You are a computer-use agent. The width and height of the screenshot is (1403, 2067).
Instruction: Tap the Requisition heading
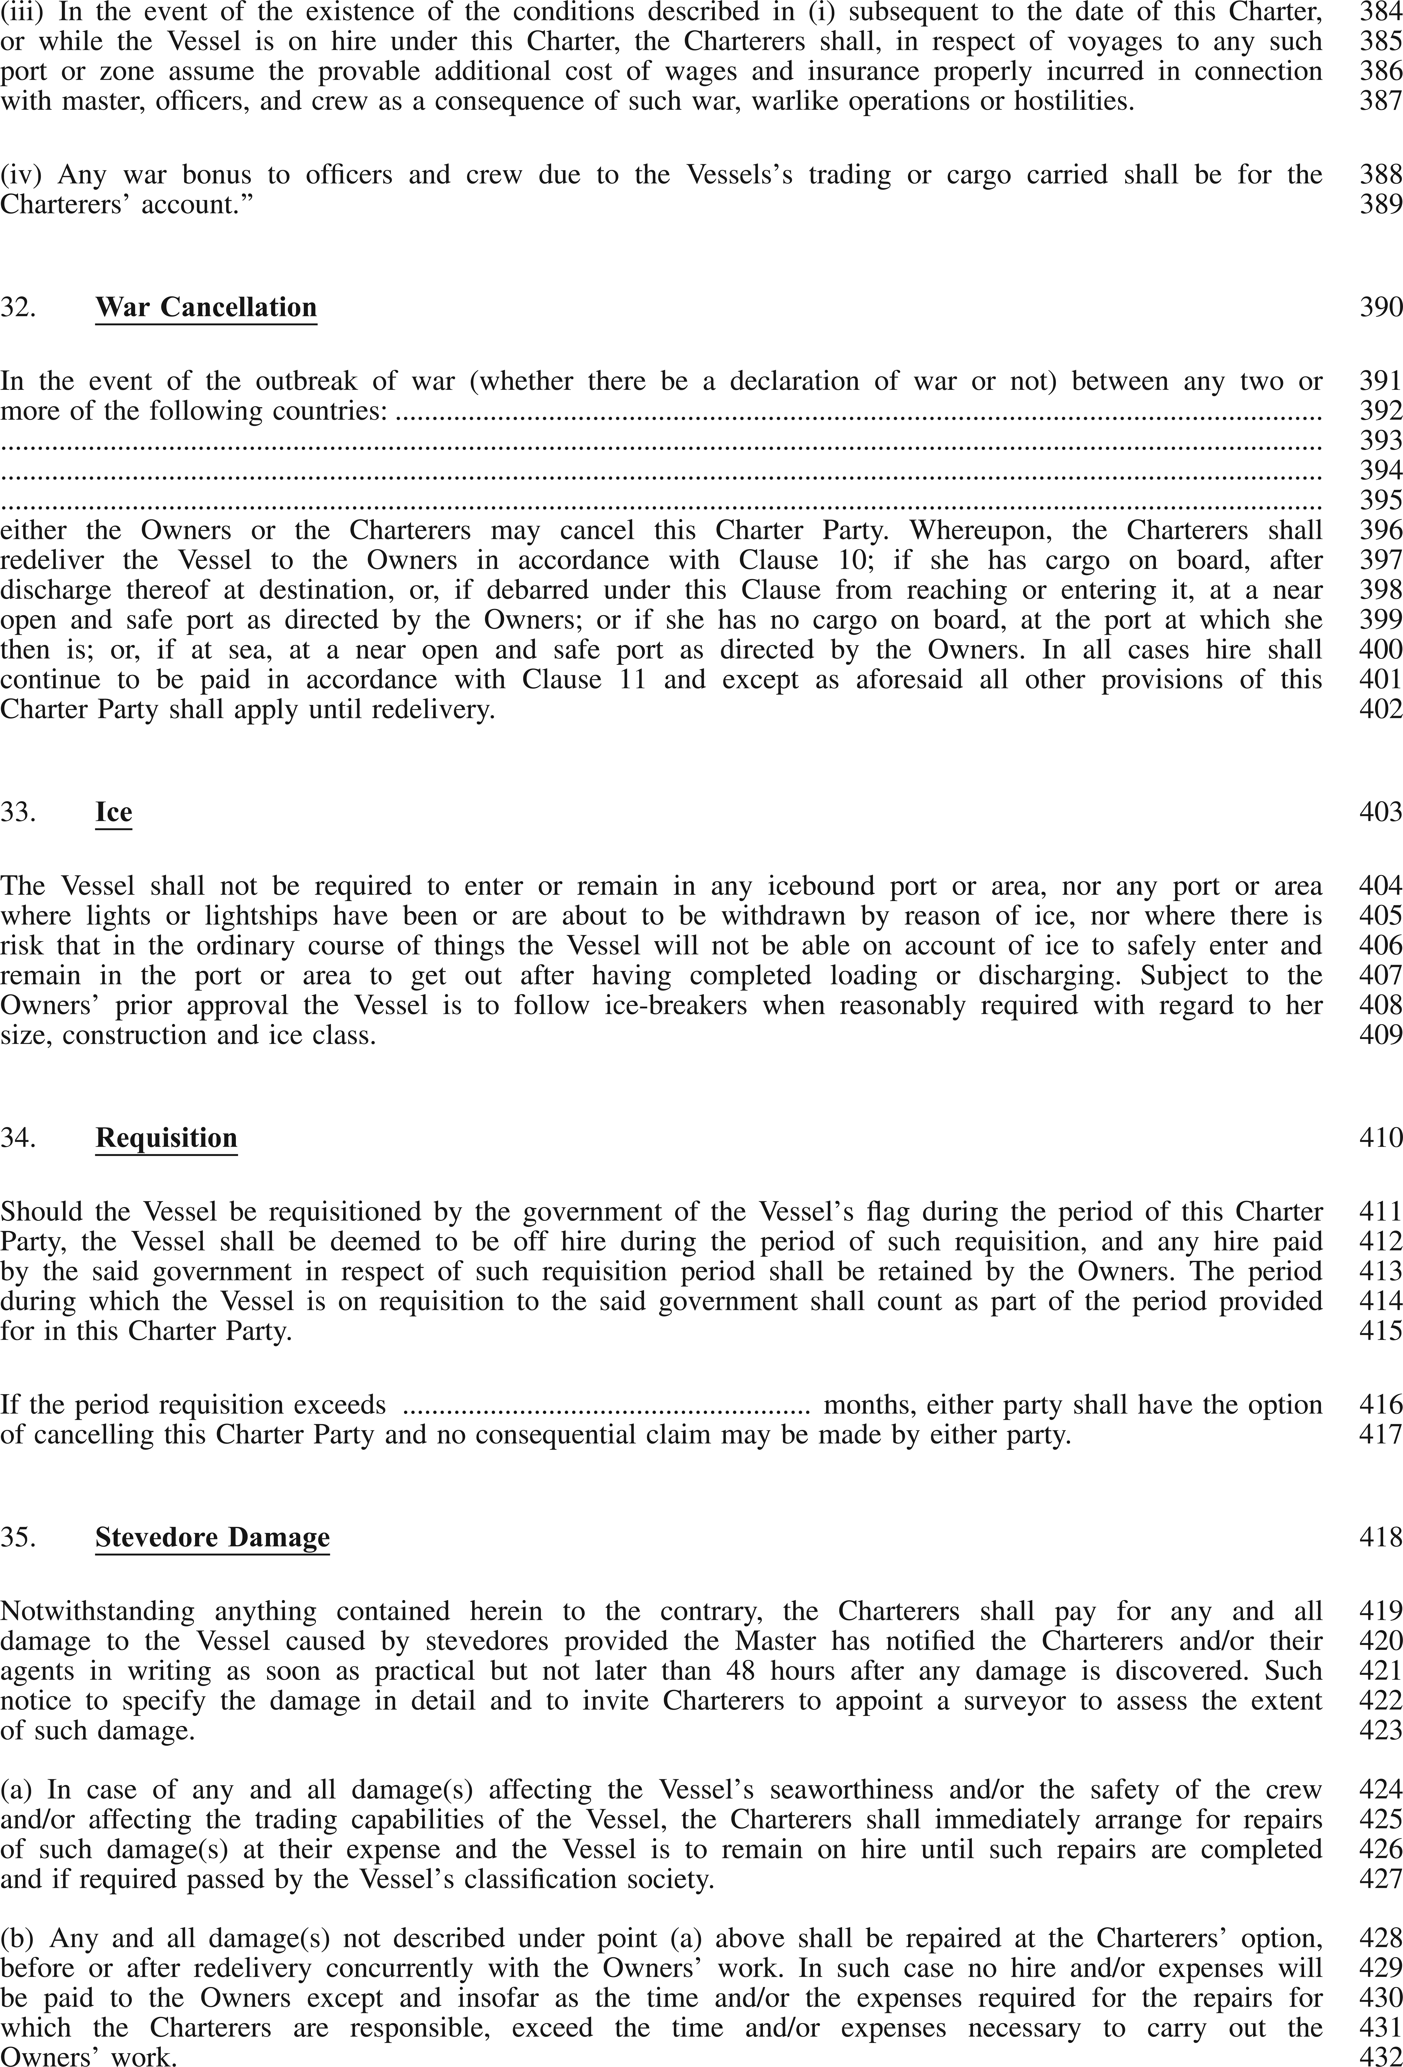point(166,1138)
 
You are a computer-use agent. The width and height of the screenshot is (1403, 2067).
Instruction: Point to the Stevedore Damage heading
point(213,1538)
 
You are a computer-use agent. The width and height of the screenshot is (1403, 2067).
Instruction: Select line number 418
point(1380,1538)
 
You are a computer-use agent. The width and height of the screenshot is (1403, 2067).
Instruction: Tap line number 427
point(1380,1879)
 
